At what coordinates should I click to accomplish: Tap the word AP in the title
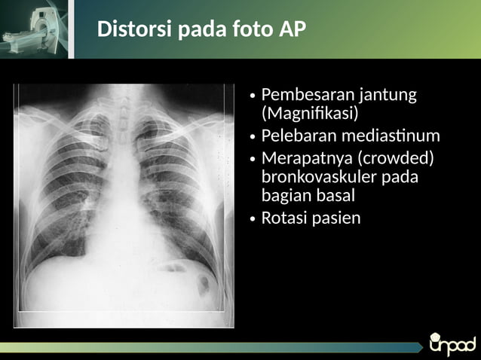pos(293,30)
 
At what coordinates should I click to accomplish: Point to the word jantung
pos(388,96)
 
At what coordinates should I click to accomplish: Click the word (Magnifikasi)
pos(309,114)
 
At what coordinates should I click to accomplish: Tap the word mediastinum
pos(393,136)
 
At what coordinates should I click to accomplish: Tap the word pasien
pos(335,218)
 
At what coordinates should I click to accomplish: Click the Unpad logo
pos(452,343)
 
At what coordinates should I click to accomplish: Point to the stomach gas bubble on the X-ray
pos(203,285)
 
